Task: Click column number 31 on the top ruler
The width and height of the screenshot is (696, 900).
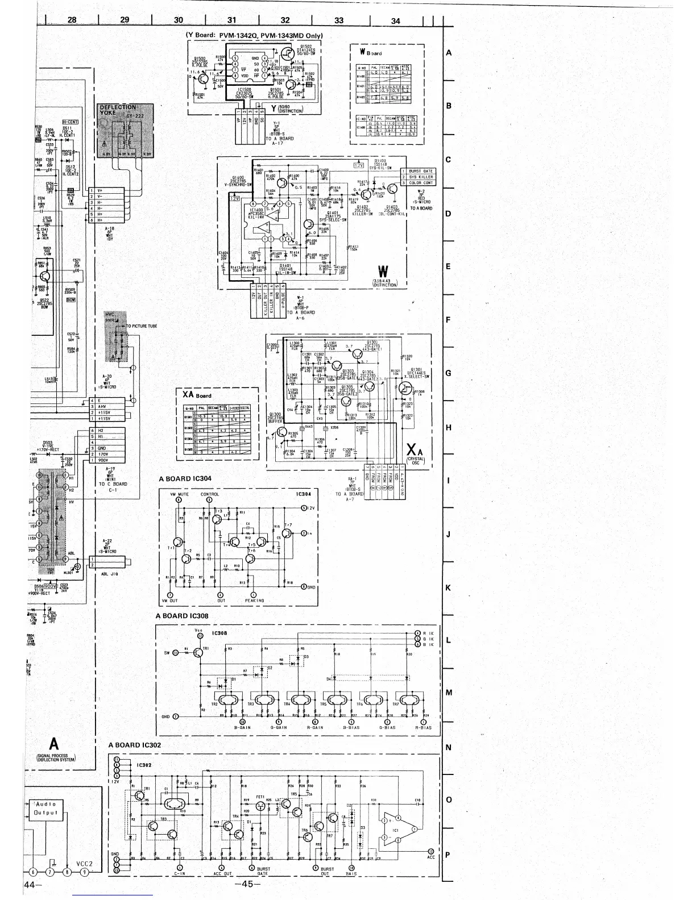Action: click(231, 20)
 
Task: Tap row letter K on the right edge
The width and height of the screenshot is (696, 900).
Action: click(448, 587)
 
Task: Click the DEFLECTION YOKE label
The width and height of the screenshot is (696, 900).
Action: click(118, 110)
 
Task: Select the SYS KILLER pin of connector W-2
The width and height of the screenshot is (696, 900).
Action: click(421, 177)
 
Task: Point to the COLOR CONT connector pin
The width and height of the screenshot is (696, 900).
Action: click(421, 183)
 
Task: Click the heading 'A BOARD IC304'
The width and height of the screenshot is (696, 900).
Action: click(185, 478)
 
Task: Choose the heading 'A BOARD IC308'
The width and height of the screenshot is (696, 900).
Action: click(182, 616)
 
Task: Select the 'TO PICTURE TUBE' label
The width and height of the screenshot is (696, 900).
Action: click(142, 326)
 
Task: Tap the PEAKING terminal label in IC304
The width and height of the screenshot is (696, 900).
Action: click(254, 600)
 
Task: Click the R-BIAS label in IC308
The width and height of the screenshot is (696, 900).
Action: click(423, 727)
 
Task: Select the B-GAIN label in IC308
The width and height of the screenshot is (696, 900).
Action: click(243, 727)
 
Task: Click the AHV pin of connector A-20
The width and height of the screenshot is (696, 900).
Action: click(102, 407)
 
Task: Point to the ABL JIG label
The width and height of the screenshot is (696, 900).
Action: click(109, 574)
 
